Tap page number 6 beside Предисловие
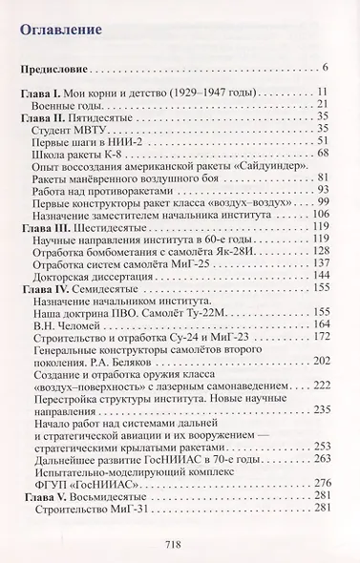coord(326,71)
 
